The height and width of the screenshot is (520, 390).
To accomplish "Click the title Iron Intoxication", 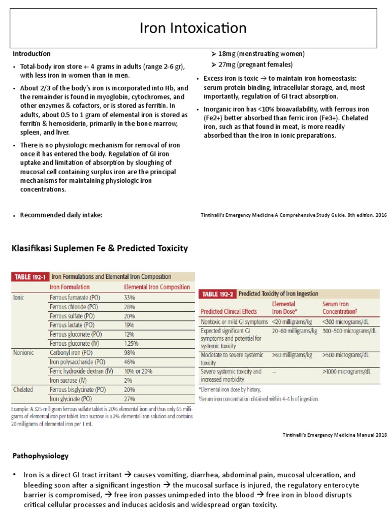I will (194, 28).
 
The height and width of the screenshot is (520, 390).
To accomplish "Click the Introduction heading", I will (31, 53).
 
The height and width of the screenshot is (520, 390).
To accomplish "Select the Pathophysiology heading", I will (40, 456).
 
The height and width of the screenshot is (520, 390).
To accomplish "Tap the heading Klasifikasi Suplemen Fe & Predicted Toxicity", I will (100, 248).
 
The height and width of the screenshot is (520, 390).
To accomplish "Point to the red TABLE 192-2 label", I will (217, 294).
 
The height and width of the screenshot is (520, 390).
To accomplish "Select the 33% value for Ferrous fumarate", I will (131, 297).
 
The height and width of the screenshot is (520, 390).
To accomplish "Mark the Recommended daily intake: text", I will (61, 215).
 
